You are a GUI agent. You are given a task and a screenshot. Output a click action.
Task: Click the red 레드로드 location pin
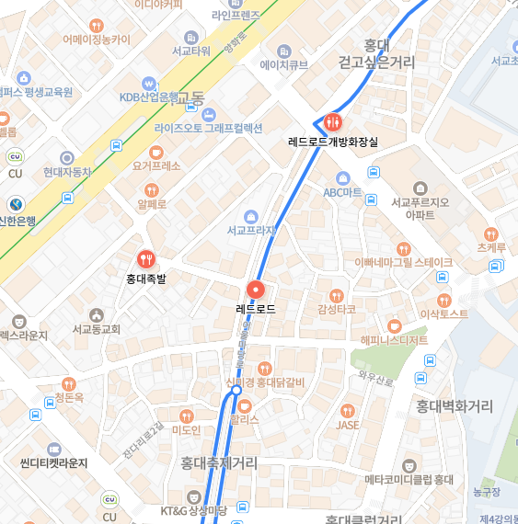coord(255,289)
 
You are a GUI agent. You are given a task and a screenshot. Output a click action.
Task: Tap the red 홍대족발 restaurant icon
coord(145,260)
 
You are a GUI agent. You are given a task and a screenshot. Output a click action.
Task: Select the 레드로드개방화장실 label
coord(333,142)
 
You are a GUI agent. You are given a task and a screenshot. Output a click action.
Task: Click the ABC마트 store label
coord(343,193)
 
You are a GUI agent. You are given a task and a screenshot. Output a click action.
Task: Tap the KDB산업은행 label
coord(148,97)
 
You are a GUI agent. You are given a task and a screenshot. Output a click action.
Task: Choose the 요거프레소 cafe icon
coord(155,152)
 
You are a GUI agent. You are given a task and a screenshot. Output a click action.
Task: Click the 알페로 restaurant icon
coord(152,188)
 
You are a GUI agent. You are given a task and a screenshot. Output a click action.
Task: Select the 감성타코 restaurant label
coord(336,310)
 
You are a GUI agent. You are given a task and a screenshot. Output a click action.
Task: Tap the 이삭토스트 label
coord(443,314)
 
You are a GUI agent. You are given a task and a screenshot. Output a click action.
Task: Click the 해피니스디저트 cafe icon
coord(395,325)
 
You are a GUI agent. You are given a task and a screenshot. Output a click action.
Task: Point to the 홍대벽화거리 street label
coord(455,406)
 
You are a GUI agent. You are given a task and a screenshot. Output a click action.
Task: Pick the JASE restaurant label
coord(347,425)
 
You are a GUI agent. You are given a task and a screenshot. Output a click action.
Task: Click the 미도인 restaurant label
coord(187,429)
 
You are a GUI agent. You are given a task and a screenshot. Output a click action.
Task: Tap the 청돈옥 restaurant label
coord(69,397)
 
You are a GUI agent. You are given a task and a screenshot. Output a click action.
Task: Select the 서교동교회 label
coord(97,328)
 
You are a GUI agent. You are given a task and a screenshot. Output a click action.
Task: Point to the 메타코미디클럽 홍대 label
coord(409,479)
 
